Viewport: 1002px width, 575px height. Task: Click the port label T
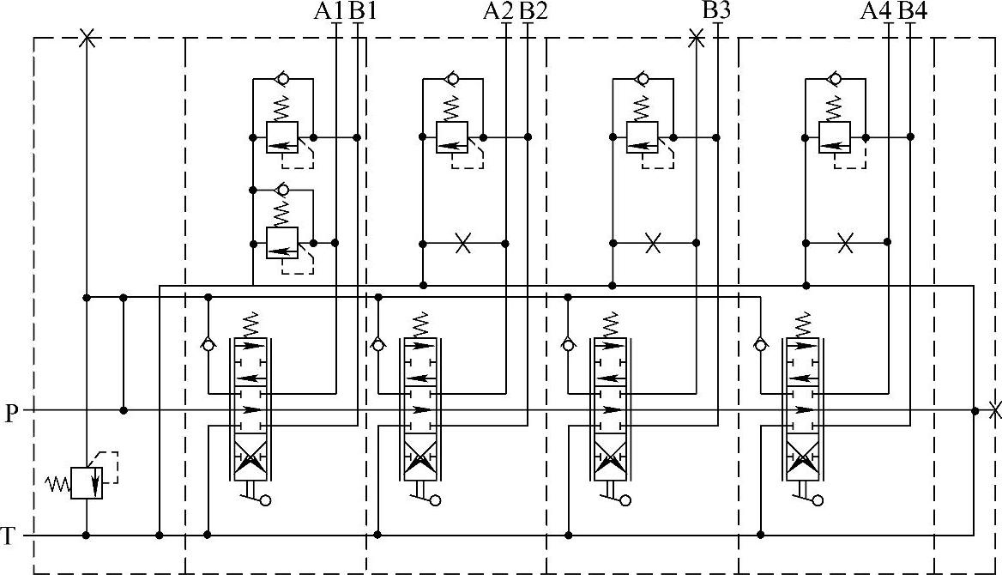[x=9, y=537]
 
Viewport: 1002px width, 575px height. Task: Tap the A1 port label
[x=329, y=11]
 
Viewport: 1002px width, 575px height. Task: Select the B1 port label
[x=363, y=11]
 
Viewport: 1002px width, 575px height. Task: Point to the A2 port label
[x=498, y=11]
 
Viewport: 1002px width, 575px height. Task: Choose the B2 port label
[x=534, y=11]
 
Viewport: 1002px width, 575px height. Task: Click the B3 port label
[x=716, y=11]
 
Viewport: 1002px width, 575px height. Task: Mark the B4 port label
[x=912, y=11]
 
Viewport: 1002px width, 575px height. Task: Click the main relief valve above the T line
[x=87, y=482]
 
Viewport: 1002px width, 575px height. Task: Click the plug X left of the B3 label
[x=697, y=38]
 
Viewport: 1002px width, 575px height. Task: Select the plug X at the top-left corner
[x=86, y=38]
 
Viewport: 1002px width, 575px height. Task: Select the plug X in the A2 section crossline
[x=463, y=244]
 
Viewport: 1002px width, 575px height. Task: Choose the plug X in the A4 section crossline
[x=845, y=244]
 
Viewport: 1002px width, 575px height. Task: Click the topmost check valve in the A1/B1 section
[x=282, y=79]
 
